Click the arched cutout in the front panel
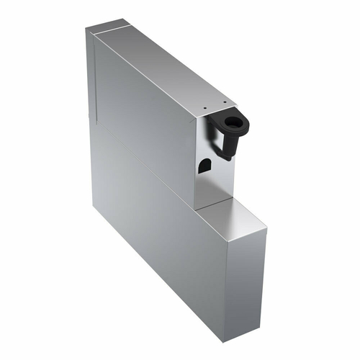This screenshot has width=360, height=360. (x=204, y=165)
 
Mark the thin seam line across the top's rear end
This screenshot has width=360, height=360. (x=109, y=30)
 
